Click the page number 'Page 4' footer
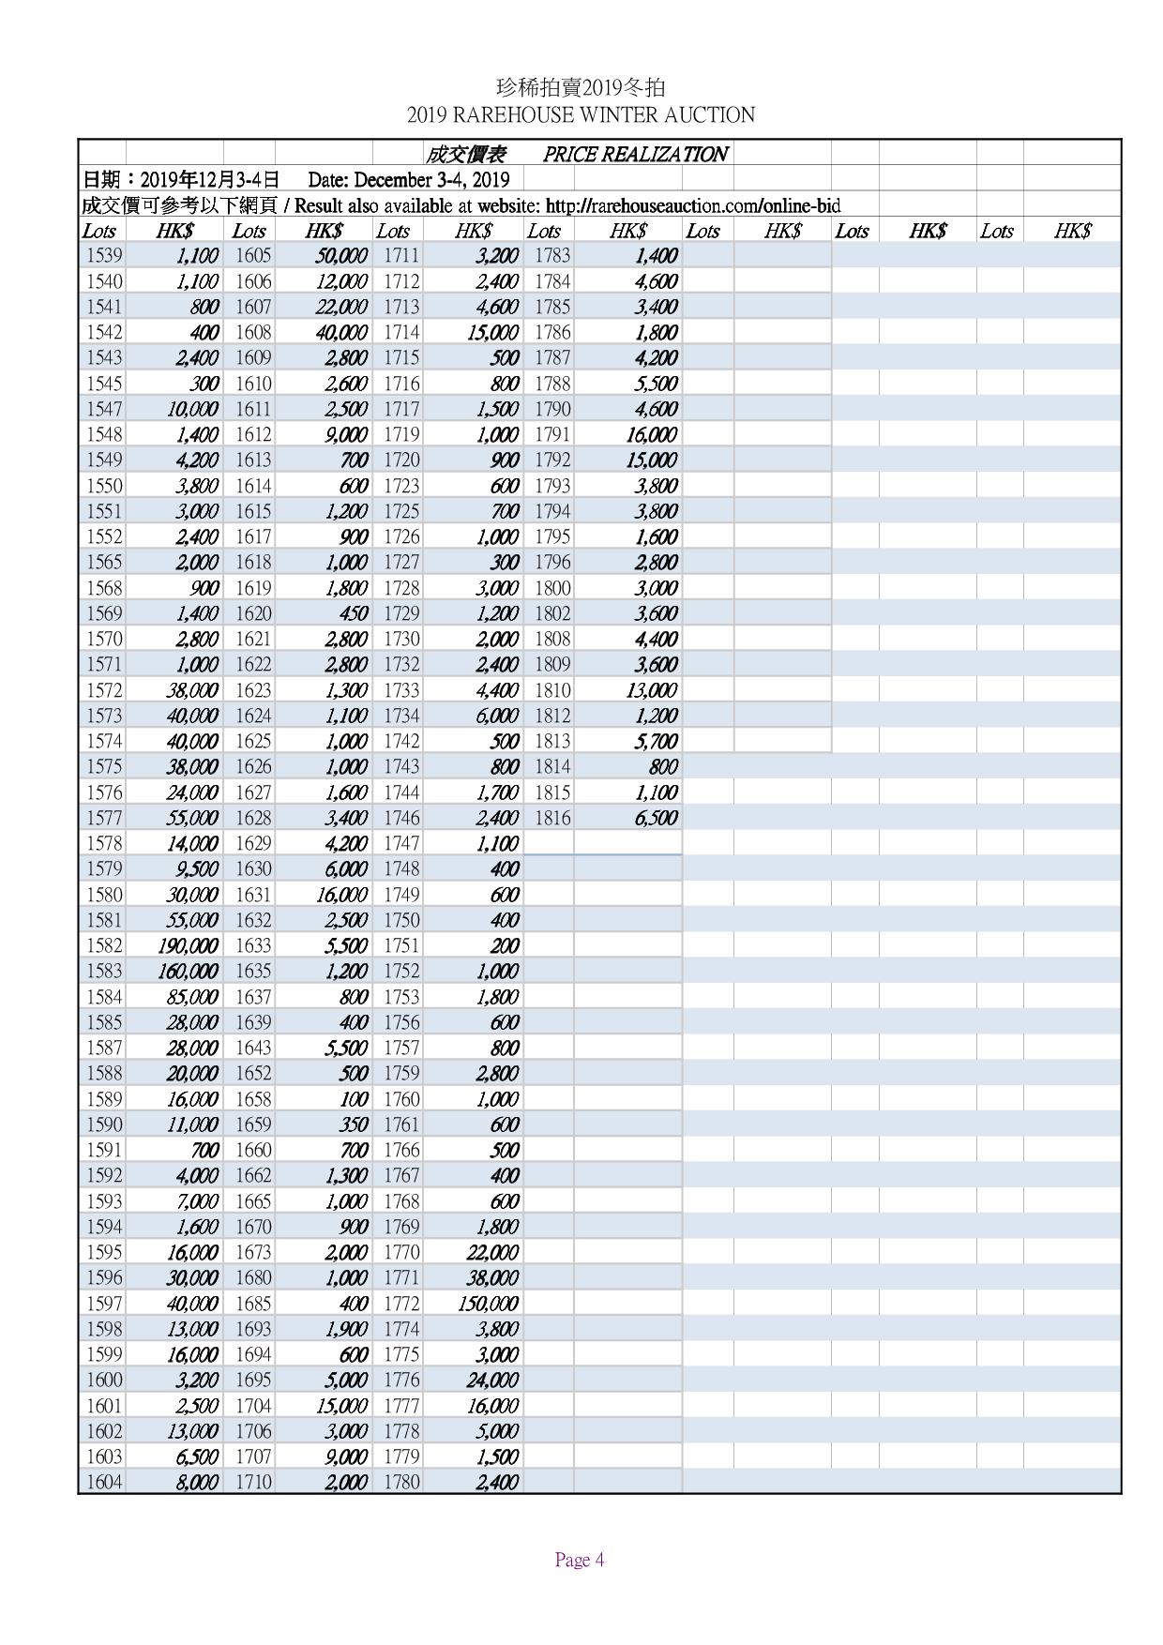point(579,1560)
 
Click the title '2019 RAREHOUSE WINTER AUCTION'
point(581,115)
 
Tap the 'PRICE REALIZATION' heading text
point(635,155)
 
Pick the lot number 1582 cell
point(104,945)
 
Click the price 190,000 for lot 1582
point(188,945)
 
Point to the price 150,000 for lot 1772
point(488,1304)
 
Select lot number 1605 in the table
point(252,255)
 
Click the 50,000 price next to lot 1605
point(341,255)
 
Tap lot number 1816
point(552,818)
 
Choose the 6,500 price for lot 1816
point(656,818)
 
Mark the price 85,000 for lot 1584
point(192,997)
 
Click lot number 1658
point(252,1099)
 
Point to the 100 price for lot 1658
point(354,1099)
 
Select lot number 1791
point(552,434)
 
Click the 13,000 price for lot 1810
point(651,690)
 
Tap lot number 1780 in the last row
point(401,1482)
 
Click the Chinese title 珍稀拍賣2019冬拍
point(581,88)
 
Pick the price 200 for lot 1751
point(505,945)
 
